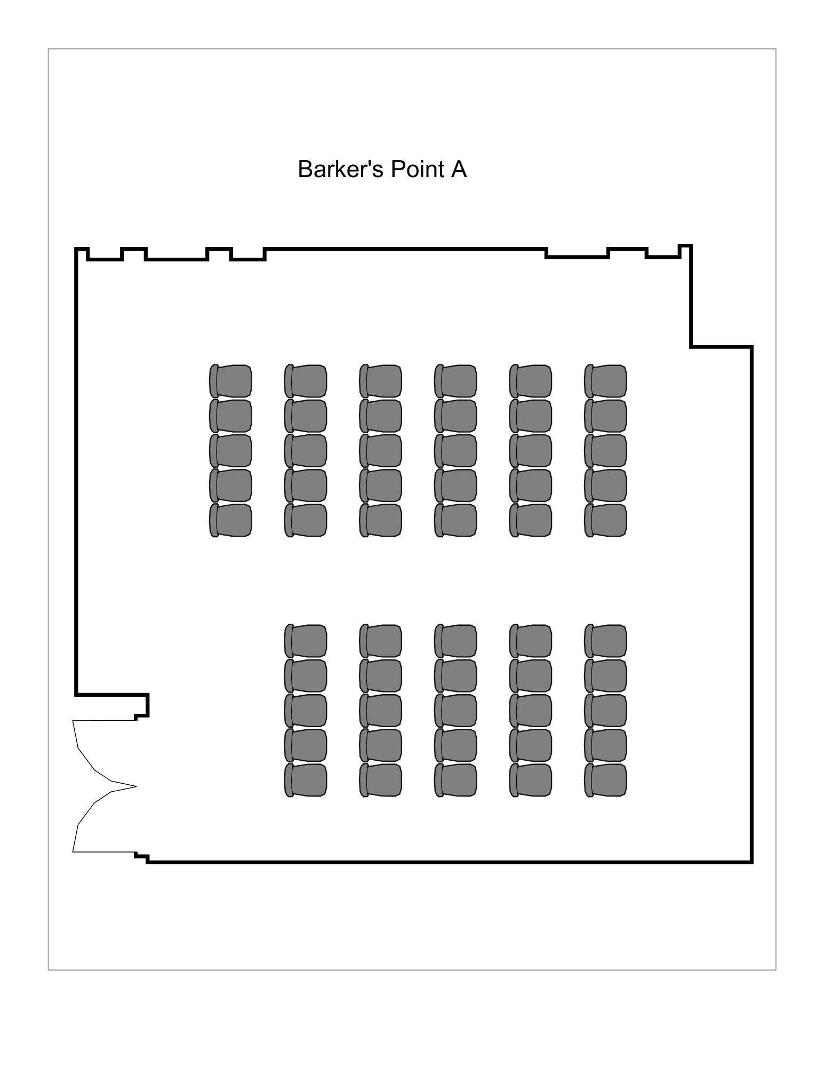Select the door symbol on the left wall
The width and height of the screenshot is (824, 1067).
[x=105, y=786]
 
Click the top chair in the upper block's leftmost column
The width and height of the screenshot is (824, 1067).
[x=230, y=381]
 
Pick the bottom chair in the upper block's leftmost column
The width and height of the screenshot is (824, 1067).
[x=230, y=520]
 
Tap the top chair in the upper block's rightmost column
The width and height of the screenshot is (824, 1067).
[x=605, y=381]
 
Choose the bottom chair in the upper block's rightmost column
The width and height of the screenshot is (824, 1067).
[x=605, y=520]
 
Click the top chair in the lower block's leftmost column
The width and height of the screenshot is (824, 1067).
[x=306, y=641]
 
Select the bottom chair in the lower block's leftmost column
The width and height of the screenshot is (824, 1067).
[x=306, y=780]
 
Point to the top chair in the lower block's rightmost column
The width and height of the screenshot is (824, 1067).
[x=605, y=641]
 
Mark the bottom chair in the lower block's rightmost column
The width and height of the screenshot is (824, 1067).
[x=605, y=780]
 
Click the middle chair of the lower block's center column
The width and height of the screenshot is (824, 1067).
[x=455, y=711]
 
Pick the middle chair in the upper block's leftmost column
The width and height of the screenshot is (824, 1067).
[x=230, y=451]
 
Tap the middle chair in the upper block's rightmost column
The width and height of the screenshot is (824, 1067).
[x=605, y=451]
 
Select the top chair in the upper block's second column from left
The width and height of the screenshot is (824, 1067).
[x=306, y=381]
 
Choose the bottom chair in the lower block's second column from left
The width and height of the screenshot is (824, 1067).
[x=380, y=780]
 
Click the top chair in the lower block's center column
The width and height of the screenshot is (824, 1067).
[x=455, y=641]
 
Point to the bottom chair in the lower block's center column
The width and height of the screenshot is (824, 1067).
[x=455, y=780]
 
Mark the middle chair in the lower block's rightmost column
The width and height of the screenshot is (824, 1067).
[x=605, y=711]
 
